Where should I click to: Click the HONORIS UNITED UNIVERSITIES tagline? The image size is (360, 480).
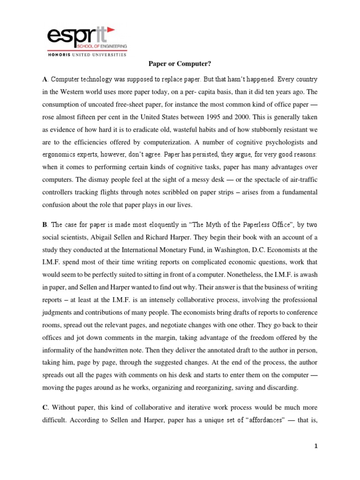[x=87, y=55]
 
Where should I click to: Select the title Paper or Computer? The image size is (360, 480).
[x=180, y=67]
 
